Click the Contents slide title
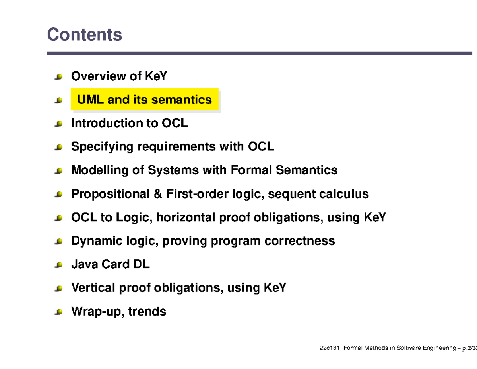pos(84,35)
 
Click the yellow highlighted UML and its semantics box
pos(145,100)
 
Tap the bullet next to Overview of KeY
pos(59,76)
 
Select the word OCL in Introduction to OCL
pos(175,123)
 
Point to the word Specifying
pos(102,147)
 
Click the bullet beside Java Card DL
pos(59,265)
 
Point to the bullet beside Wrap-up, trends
pos(59,312)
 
